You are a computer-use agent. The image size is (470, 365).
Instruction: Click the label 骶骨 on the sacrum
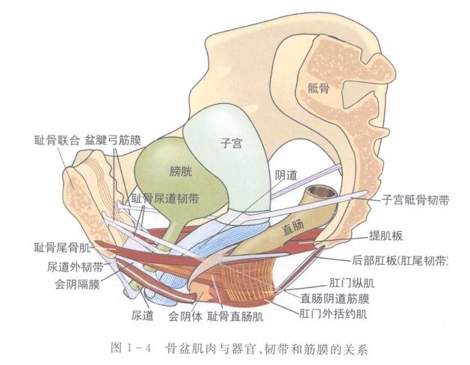click(x=318, y=88)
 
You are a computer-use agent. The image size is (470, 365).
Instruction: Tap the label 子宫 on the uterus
click(x=231, y=143)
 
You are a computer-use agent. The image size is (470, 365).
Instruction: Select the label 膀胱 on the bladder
click(x=181, y=171)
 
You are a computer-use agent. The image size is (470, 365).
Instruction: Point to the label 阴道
click(x=286, y=175)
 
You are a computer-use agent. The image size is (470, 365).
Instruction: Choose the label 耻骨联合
click(x=57, y=140)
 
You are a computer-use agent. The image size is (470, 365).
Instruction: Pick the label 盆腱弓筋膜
click(x=113, y=140)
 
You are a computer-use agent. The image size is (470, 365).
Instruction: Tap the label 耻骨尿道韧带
click(x=165, y=198)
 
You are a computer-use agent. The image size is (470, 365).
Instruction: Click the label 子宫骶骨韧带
click(x=415, y=200)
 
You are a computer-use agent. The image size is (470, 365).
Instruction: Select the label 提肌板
click(x=386, y=236)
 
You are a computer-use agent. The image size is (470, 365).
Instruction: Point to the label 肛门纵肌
click(x=352, y=283)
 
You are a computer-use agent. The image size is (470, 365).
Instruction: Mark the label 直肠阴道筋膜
click(x=335, y=298)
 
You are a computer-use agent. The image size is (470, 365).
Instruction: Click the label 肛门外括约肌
click(x=333, y=314)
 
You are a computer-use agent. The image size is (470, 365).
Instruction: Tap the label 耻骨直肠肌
click(x=235, y=316)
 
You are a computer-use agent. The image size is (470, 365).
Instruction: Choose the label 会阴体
click(x=185, y=316)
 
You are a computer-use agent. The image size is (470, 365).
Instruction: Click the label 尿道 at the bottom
click(x=143, y=315)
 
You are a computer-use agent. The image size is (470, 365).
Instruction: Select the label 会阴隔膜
click(x=77, y=283)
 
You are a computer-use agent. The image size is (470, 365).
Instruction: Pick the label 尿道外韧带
click(x=75, y=266)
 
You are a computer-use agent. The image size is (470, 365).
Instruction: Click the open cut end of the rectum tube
click(x=322, y=192)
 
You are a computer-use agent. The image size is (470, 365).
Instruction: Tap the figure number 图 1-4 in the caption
click(x=131, y=349)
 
